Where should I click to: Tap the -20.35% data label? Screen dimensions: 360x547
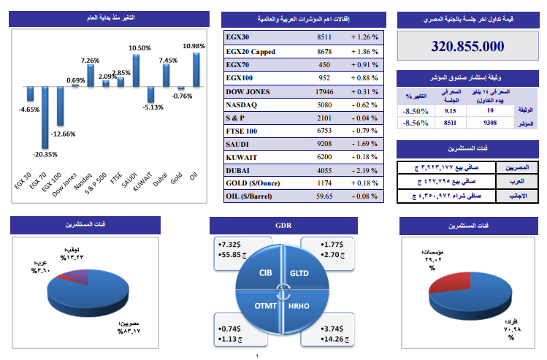[x=42, y=155]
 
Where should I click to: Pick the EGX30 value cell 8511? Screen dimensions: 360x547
[x=324, y=36]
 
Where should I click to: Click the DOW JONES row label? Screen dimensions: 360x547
[x=248, y=92]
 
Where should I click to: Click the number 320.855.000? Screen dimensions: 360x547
[x=468, y=46]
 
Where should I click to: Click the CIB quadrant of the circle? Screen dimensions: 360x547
[x=265, y=272]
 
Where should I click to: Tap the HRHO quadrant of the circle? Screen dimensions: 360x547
[x=299, y=305]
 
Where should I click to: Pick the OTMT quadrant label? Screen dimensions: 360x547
[x=265, y=305]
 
